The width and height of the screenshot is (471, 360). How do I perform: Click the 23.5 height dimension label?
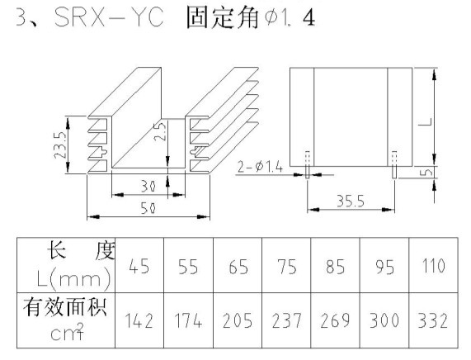[60, 145]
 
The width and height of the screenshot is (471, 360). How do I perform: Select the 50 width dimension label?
[148, 208]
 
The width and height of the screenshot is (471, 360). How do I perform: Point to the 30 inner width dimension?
[148, 187]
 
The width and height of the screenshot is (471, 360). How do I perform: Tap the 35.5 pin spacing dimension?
[351, 201]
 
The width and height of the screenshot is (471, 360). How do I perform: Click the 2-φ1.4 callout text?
[260, 167]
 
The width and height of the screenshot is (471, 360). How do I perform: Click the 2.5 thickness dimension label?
[160, 131]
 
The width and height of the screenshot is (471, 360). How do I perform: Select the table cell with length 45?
[139, 266]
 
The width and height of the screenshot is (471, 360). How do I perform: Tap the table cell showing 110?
[433, 266]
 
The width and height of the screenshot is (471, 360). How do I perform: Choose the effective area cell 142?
[139, 320]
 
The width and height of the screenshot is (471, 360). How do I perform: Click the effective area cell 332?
[433, 320]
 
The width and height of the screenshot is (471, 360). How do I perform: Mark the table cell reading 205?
[238, 320]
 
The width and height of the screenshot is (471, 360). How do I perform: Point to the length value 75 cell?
[286, 266]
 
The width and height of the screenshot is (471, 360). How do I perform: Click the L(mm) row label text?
[74, 277]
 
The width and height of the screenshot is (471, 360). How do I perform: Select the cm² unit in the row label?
[67, 332]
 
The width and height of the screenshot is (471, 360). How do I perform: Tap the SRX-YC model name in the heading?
[110, 17]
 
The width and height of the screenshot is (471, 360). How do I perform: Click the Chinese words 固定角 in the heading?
[222, 17]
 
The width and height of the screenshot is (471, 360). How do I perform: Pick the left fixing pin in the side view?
[308, 165]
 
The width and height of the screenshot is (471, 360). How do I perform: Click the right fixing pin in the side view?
[394, 165]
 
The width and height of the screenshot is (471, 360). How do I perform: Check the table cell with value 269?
[335, 320]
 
